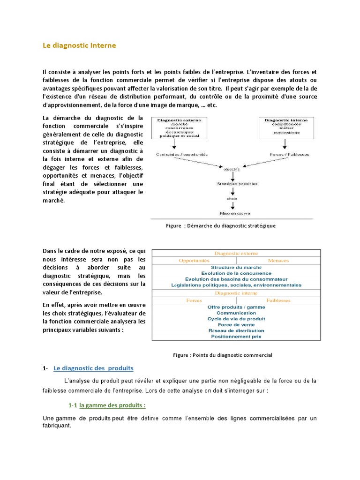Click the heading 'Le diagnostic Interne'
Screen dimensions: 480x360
point(79,45)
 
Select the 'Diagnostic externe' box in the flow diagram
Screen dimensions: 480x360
point(178,127)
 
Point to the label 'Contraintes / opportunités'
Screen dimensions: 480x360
point(182,154)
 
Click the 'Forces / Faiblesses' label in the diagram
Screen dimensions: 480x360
point(286,154)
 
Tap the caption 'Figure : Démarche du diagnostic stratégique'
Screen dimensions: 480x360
point(221,225)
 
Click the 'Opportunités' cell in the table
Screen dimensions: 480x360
point(195,260)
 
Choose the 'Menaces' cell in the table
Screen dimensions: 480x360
point(278,260)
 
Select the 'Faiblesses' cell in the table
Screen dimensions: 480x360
point(278,300)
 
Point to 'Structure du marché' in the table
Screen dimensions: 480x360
point(236,267)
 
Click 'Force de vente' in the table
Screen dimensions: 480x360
point(236,324)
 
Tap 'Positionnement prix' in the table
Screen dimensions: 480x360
point(236,336)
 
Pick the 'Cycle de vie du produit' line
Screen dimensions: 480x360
point(236,319)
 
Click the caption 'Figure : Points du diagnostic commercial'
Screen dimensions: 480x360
point(223,355)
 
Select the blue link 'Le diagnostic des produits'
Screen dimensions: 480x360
point(94,368)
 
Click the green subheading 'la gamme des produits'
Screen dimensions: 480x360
point(112,405)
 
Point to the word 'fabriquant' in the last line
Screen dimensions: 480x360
point(57,426)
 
